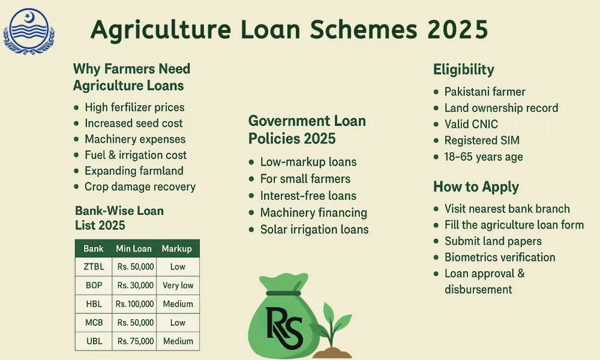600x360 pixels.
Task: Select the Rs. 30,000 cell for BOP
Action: pos(136,286)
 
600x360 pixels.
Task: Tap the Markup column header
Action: pos(177,248)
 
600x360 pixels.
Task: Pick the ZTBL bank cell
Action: pos(94,267)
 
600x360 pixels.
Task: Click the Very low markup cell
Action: pos(178,286)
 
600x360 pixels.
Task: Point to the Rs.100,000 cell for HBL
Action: pos(136,304)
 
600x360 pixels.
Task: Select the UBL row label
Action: pos(94,341)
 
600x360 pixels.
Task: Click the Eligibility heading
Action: pos(463,70)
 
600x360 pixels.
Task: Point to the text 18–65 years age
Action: pos(483,157)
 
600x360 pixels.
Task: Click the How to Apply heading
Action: pos(476,187)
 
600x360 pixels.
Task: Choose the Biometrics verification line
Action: pos(499,257)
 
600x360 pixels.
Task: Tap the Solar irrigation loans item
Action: pos(314,229)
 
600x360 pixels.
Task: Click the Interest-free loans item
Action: pos(308,196)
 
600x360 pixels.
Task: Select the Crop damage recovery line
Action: pos(140,187)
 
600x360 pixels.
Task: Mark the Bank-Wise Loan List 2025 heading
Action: pos(119,218)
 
